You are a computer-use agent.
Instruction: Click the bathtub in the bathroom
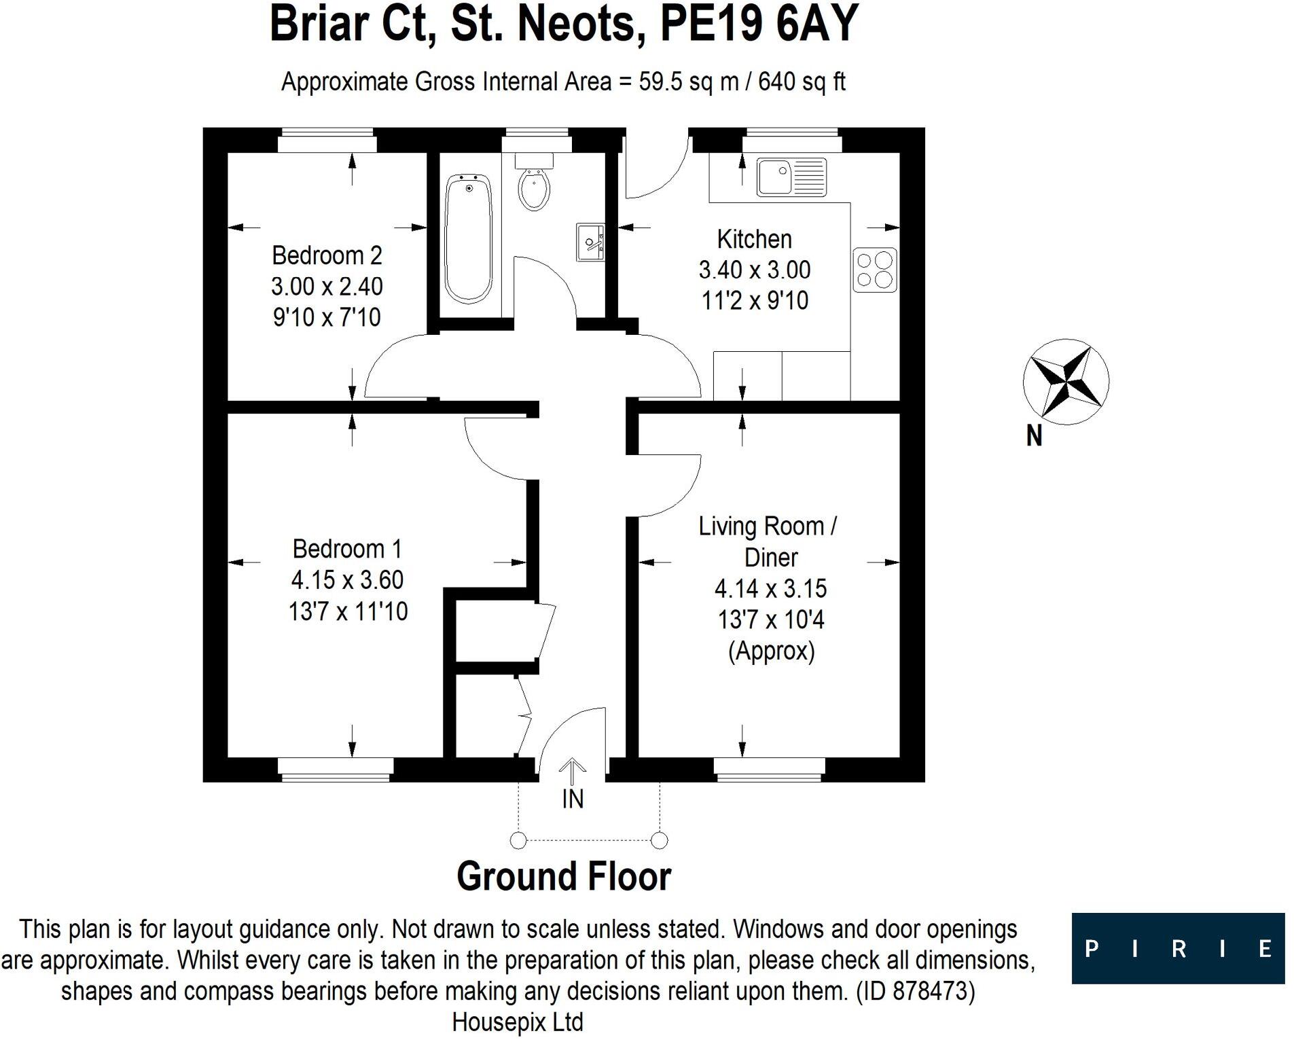tap(468, 238)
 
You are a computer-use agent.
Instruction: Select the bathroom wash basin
tap(590, 242)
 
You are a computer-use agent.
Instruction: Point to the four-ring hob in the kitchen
tap(875, 270)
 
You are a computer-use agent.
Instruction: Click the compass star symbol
tap(1065, 382)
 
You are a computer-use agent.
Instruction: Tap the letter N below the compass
tap(1034, 435)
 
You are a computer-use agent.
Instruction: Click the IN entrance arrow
tap(573, 774)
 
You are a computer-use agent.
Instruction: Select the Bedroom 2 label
tap(327, 255)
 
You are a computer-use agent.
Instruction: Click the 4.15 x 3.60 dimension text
tap(347, 579)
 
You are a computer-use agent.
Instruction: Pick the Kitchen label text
tap(754, 239)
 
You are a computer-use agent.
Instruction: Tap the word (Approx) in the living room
tap(771, 651)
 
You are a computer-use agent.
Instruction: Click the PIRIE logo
tap(1177, 948)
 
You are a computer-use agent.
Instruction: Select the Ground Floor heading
tap(564, 876)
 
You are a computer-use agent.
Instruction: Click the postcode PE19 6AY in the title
tap(759, 24)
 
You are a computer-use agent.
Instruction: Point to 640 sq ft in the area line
tap(802, 82)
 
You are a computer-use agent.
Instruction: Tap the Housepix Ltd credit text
tap(518, 1022)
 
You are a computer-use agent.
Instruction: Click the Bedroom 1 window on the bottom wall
tap(336, 768)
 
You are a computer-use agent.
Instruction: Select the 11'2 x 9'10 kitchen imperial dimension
tap(755, 300)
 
